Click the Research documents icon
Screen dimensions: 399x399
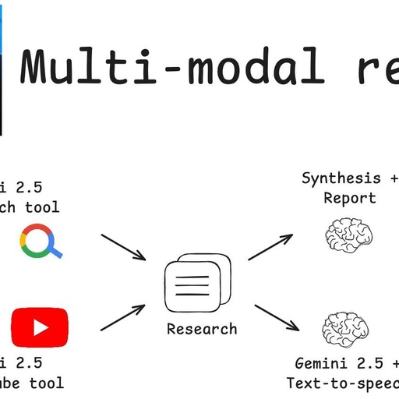tap(197, 283)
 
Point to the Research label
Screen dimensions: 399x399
tap(202, 329)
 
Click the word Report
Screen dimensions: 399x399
tap(351, 198)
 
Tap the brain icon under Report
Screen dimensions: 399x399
tap(348, 233)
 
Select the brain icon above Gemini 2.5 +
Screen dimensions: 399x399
tap(346, 328)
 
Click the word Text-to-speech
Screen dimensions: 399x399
tap(343, 383)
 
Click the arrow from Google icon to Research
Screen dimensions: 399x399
tap(123, 246)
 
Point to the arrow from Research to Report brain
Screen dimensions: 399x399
tap(270, 246)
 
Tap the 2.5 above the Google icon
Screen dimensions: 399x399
tap(28, 187)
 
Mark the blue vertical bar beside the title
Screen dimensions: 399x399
tap(7, 70)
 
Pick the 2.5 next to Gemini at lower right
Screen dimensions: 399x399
tap(369, 363)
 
